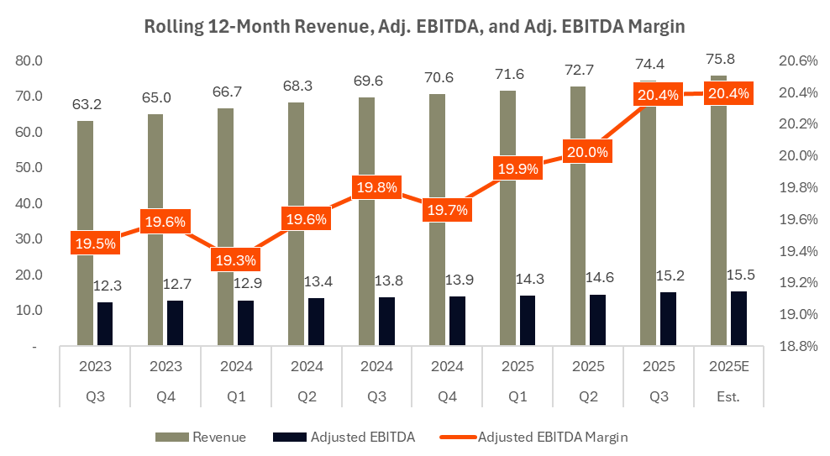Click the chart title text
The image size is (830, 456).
click(x=414, y=26)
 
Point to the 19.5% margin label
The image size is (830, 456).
click(x=95, y=243)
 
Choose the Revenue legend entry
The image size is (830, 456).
click(x=200, y=437)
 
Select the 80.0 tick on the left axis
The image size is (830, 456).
click(x=30, y=60)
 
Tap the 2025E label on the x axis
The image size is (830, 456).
click(x=728, y=367)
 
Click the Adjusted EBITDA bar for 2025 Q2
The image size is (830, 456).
click(x=597, y=319)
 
